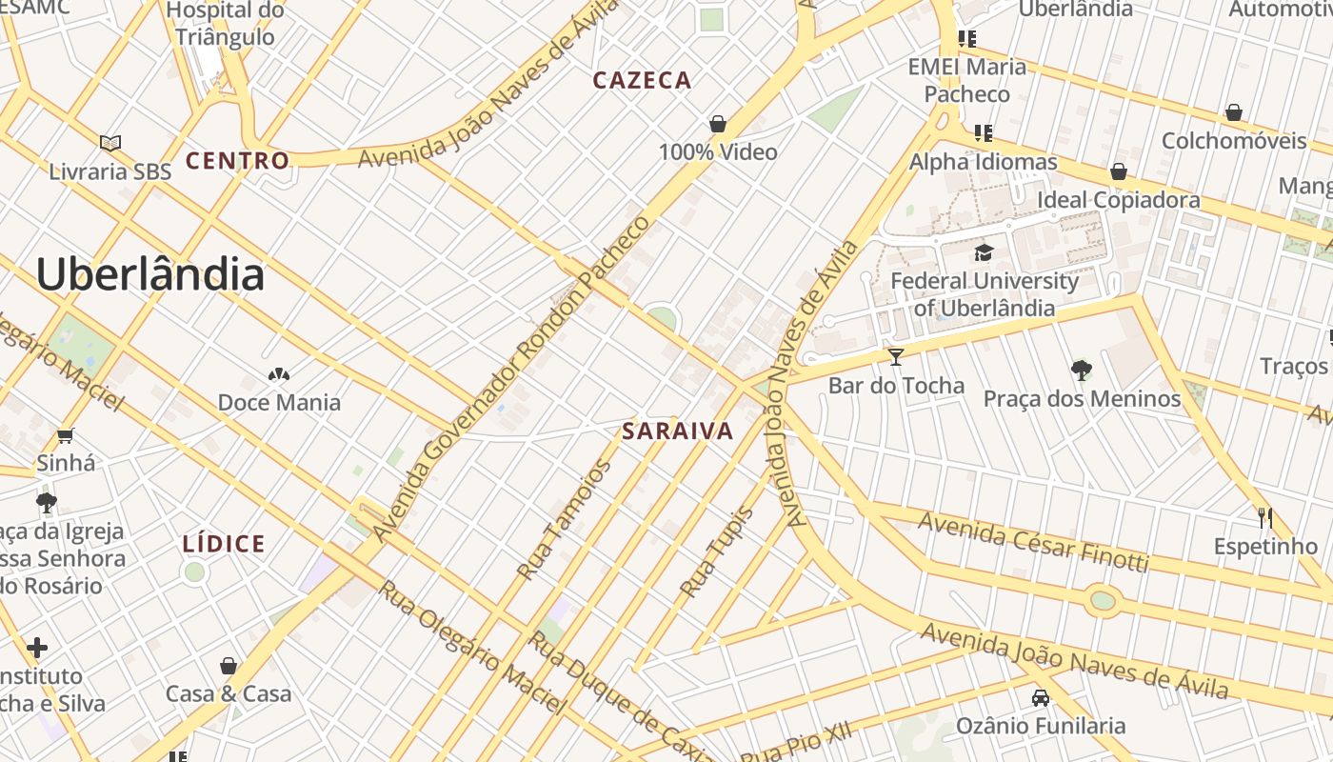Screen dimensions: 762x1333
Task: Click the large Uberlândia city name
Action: click(x=149, y=274)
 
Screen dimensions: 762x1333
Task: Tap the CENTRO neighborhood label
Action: click(x=237, y=161)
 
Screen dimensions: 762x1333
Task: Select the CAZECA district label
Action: click(x=642, y=80)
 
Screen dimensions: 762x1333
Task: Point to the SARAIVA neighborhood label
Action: click(x=678, y=431)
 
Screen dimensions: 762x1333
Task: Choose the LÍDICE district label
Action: click(x=224, y=544)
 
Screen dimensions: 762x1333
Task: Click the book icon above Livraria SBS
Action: click(x=110, y=143)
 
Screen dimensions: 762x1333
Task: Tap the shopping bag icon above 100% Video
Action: click(x=718, y=124)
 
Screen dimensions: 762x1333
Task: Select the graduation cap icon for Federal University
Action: click(x=984, y=252)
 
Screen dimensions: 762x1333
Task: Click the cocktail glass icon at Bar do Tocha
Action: click(x=895, y=357)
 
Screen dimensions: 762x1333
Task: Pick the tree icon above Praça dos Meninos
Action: click(x=1081, y=370)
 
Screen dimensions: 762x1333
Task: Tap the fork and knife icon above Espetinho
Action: click(x=1265, y=518)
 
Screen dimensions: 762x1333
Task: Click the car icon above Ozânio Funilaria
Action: click(x=1041, y=697)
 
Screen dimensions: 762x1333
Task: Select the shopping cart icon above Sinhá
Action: click(x=65, y=436)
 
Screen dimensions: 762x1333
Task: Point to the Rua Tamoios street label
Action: click(x=565, y=520)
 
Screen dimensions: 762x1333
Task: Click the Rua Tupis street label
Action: click(x=717, y=552)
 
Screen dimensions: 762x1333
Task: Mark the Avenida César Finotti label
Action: click(x=1033, y=541)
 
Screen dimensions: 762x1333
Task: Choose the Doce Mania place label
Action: click(x=279, y=402)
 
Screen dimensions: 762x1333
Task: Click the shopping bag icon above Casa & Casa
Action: click(x=229, y=665)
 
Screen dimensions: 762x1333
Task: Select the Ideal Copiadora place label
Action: click(x=1118, y=200)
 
